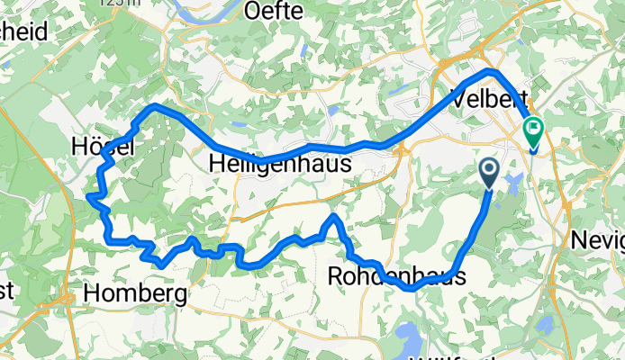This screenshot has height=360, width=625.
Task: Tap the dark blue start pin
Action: (489, 171)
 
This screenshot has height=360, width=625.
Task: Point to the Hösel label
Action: (103, 146)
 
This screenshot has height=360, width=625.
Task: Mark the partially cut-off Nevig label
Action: (598, 240)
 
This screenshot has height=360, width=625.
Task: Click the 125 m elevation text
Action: (122, 4)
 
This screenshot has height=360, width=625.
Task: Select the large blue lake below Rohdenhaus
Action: (410, 340)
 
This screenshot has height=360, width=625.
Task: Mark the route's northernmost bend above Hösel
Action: (155, 106)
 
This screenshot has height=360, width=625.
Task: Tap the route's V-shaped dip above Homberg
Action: (159, 265)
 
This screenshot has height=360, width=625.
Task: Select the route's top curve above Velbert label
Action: (489, 70)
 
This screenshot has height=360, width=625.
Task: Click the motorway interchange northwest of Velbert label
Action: (448, 66)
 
